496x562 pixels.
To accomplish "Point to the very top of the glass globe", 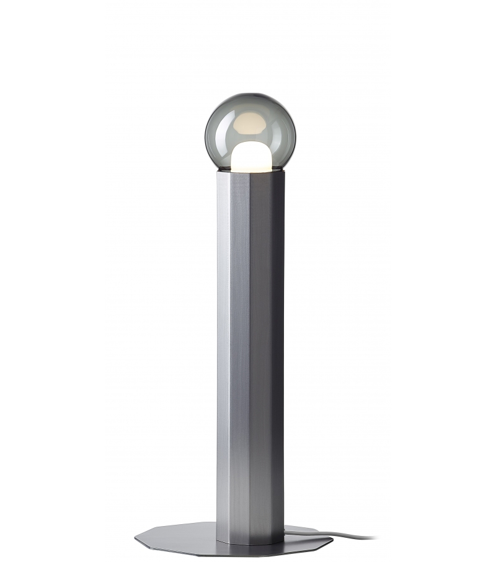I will (250, 94).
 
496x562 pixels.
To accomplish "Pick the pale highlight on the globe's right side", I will (289, 133).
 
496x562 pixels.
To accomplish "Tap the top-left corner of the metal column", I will (218, 172).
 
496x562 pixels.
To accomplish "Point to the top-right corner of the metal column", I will (285, 172).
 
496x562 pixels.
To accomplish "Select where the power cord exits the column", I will (286, 530).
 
